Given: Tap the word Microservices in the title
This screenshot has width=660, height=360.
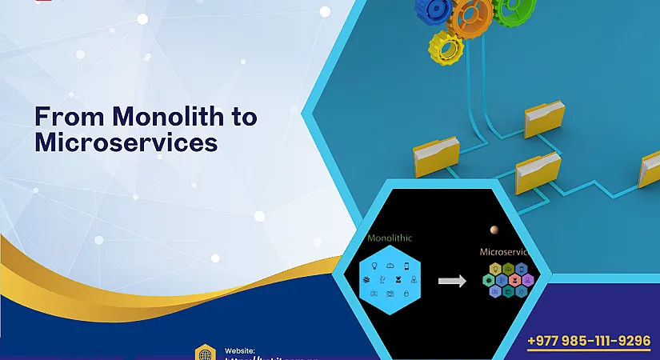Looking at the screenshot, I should pyautogui.click(x=126, y=142).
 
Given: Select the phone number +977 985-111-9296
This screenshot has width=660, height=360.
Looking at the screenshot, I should pyautogui.click(x=589, y=341).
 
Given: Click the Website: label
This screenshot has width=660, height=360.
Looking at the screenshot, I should pyautogui.click(x=240, y=350).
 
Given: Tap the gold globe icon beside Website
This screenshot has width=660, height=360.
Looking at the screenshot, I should pyautogui.click(x=206, y=354).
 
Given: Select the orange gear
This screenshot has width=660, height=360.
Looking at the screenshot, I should pyautogui.click(x=473, y=14).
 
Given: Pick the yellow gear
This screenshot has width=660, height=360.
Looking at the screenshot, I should pyautogui.click(x=446, y=47).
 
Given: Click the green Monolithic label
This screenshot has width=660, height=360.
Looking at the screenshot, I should pyautogui.click(x=389, y=238).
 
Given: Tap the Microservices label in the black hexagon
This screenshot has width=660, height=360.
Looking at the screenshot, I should pyautogui.click(x=505, y=251).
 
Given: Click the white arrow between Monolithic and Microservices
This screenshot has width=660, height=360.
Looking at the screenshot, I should pyautogui.click(x=452, y=281).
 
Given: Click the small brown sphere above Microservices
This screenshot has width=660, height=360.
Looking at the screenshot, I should pyautogui.click(x=494, y=230).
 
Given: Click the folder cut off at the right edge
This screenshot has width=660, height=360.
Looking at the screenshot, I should pyautogui.click(x=650, y=170).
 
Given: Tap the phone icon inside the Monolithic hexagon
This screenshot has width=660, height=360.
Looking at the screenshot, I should pyautogui.click(x=406, y=266).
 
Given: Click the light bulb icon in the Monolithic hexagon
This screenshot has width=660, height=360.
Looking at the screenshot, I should pyautogui.click(x=374, y=266).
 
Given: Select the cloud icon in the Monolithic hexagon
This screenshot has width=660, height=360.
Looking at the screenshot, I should pyautogui.click(x=390, y=265).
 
